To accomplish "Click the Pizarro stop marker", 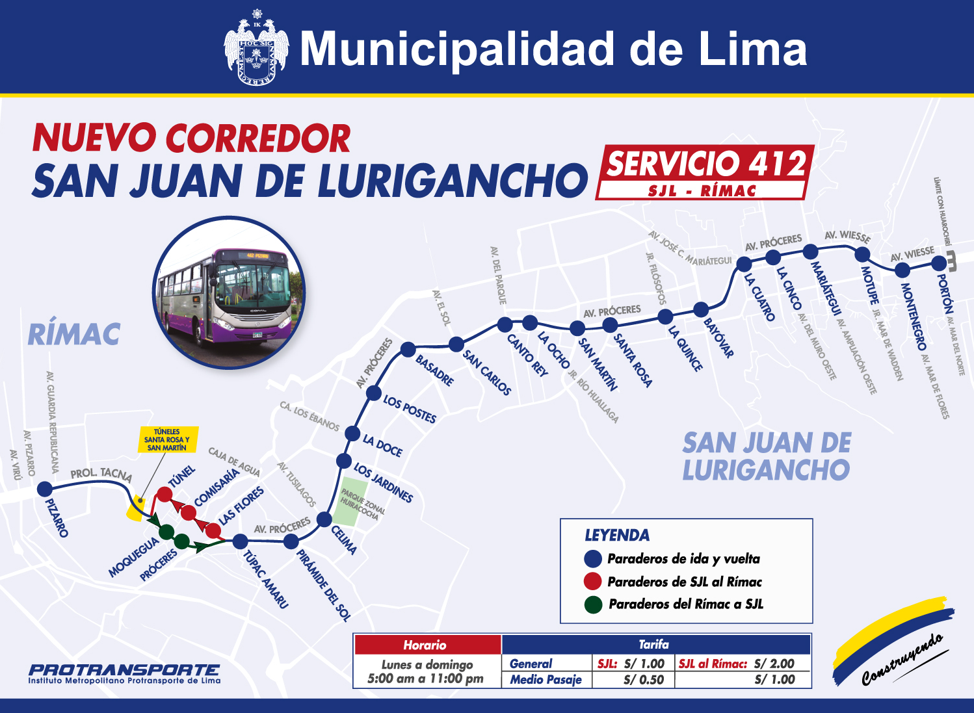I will click(44, 489).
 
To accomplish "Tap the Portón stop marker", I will click(938, 263).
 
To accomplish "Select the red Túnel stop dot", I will click(165, 495).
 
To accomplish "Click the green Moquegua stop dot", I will click(166, 532).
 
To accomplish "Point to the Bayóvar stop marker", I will click(700, 309).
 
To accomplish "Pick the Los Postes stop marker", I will click(374, 393).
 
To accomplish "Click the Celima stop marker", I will click(324, 519).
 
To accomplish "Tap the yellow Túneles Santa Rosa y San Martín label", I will click(167, 439).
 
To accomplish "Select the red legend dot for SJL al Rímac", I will click(592, 581).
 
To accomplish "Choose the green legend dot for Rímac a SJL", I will click(592, 604).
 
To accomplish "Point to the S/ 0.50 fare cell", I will click(643, 680).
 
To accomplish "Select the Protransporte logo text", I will click(124, 671).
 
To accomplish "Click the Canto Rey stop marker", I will click(505, 324).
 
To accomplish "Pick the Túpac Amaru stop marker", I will click(240, 541).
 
